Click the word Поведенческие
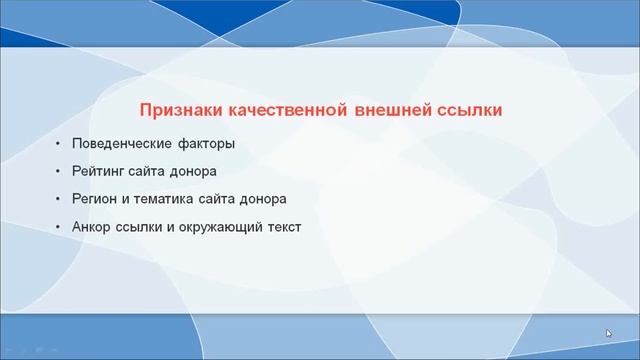coord(121,144)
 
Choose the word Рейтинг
coord(98,171)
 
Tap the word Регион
coord(96,199)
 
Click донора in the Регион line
coord(263,199)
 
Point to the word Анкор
coord(94,227)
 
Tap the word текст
coord(284,227)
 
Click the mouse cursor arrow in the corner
coord(609,334)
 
